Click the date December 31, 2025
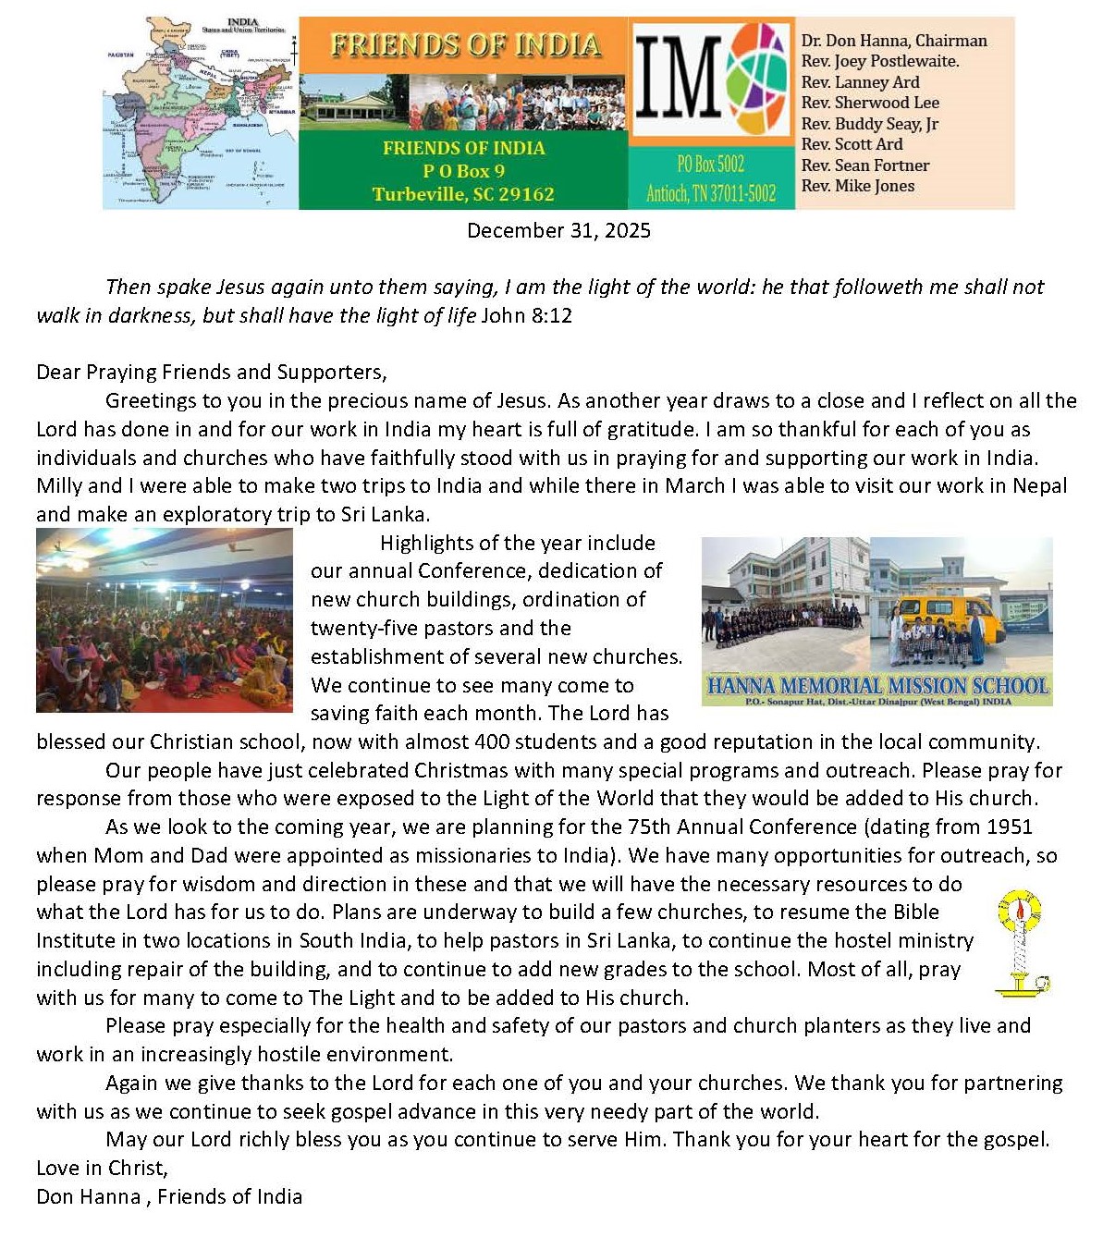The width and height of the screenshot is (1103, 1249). coord(558,230)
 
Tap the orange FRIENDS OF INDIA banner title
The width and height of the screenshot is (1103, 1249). coord(464,45)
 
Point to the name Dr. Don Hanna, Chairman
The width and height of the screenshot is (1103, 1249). coord(894,41)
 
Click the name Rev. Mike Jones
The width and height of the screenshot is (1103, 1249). coord(857,186)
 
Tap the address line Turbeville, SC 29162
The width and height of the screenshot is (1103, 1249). coord(463,194)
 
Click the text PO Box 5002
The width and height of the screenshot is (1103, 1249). coord(710,165)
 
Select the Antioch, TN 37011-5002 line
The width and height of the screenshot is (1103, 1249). coord(710,193)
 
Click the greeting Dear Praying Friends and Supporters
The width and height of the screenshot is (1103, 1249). coord(212,372)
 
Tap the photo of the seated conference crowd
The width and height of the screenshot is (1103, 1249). coord(165,620)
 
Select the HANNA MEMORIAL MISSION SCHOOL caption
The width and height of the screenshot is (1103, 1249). coord(876,686)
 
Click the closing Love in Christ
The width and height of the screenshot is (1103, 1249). coord(102,1168)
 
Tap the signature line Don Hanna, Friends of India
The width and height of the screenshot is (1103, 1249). coord(169,1196)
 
